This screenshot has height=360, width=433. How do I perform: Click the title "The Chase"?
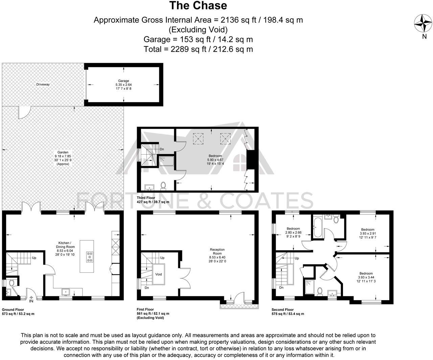[x=198, y=6]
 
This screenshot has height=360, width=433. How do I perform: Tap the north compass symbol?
[x=423, y=23]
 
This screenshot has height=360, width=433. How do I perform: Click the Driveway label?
[x=43, y=84]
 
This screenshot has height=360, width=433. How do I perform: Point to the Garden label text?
[x=63, y=158]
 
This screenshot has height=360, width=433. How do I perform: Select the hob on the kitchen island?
[x=90, y=257]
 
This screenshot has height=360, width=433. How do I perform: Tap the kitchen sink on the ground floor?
[x=65, y=292]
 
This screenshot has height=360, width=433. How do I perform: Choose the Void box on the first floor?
[x=159, y=274]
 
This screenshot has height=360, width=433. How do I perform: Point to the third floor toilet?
[x=163, y=185]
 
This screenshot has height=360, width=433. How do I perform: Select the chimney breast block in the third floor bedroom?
[x=251, y=160]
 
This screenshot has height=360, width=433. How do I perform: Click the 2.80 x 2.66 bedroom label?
[x=293, y=232]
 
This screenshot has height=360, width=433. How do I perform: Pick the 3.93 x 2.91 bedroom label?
[x=367, y=233]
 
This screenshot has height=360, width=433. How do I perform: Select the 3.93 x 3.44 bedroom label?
[x=366, y=277]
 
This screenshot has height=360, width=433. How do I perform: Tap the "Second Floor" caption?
[x=282, y=310]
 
